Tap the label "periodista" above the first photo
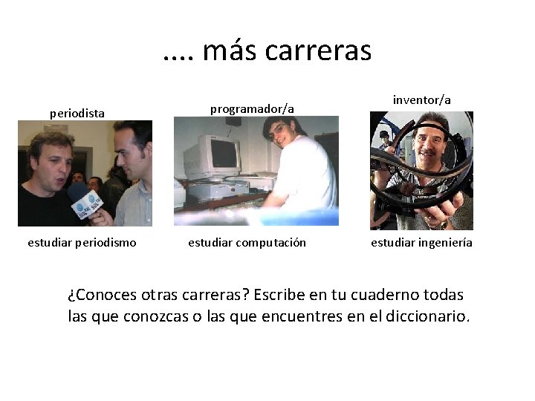click(77, 114)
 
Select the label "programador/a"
click(252, 109)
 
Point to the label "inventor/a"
click(422, 100)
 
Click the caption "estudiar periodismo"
click(82, 242)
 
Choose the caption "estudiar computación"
click(247, 242)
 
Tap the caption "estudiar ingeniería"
click(422, 242)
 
